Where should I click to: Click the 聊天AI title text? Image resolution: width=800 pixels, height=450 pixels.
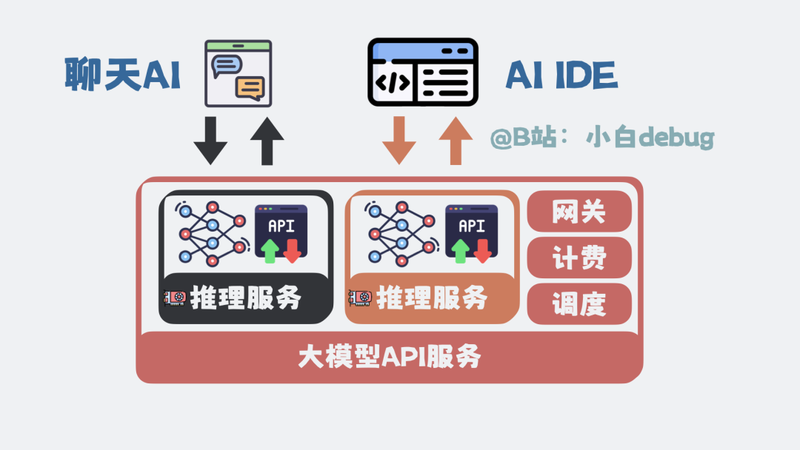click(x=122, y=75)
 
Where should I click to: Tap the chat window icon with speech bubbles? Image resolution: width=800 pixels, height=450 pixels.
click(x=238, y=74)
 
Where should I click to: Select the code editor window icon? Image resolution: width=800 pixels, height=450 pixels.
click(x=423, y=72)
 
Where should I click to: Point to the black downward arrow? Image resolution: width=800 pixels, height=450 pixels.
click(x=210, y=141)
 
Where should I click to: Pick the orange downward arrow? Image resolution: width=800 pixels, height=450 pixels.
click(x=399, y=141)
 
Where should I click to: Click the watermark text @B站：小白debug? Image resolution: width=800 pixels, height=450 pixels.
click(x=601, y=138)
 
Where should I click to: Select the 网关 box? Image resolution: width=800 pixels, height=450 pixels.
click(x=579, y=212)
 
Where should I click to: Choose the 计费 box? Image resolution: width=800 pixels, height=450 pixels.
click(x=579, y=258)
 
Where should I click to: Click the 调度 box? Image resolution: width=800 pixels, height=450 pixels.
click(x=579, y=303)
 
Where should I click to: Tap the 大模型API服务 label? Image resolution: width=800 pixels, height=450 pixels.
click(x=390, y=357)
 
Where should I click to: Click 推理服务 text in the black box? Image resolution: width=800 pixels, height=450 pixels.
click(x=246, y=298)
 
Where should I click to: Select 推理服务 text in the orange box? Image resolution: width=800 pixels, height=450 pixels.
click(x=433, y=298)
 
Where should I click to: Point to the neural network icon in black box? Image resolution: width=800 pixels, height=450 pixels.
click(x=213, y=232)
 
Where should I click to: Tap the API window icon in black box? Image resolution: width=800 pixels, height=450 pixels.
click(x=281, y=234)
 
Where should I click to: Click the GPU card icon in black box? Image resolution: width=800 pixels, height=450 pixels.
click(x=175, y=298)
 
